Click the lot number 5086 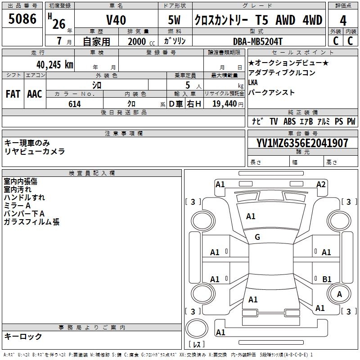click(23, 19)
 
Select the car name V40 click(116, 20)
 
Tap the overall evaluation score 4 click(343, 21)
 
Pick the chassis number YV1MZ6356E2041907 click(302, 143)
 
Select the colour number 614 click(74, 104)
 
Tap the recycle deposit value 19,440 click(224, 104)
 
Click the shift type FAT click(13, 94)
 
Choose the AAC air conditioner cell click(34, 94)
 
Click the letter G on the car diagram click(257, 237)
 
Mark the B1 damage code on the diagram click(327, 279)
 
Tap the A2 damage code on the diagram click(321, 184)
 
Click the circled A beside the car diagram click(340, 294)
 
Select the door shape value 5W click(175, 20)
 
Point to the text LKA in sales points click(253, 82)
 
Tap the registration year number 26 click(58, 23)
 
